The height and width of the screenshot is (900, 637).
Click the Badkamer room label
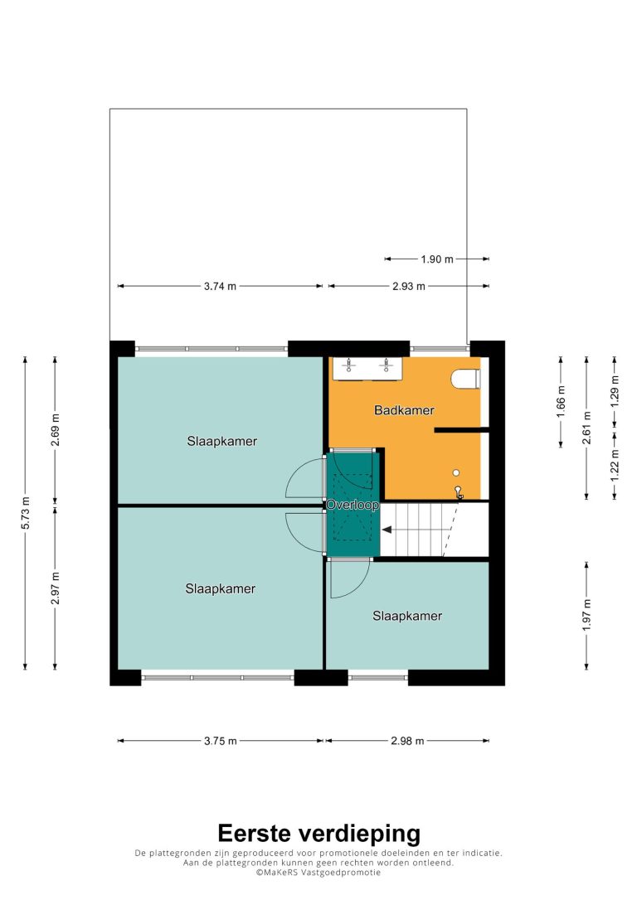pyautogui.click(x=404, y=410)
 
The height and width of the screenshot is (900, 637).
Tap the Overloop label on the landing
pyautogui.click(x=353, y=505)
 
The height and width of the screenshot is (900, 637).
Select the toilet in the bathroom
pyautogui.click(x=465, y=380)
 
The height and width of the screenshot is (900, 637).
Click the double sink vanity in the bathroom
pyautogui.click(x=367, y=369)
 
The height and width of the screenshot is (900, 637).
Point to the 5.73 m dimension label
pyautogui.click(x=25, y=514)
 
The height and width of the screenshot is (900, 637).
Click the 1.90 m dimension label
pyautogui.click(x=437, y=259)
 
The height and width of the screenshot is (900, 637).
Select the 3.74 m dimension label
pyautogui.click(x=220, y=287)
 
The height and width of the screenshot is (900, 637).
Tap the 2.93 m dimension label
pyautogui.click(x=409, y=287)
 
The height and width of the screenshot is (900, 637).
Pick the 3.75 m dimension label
pyautogui.click(x=221, y=741)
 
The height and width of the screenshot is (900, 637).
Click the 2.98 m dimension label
pyautogui.click(x=407, y=741)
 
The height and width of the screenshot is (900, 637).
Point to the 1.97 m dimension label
pyautogui.click(x=586, y=615)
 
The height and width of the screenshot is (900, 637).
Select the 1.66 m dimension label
pyautogui.click(x=562, y=401)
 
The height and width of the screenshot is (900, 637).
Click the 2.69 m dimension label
pyautogui.click(x=55, y=430)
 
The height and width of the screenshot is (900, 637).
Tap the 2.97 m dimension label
pyautogui.click(x=55, y=588)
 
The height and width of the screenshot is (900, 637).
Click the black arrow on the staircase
pyautogui.click(x=387, y=530)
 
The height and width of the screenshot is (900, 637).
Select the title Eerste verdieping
pyautogui.click(x=318, y=833)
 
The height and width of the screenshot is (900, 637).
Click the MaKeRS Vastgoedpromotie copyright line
pyautogui.click(x=318, y=873)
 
